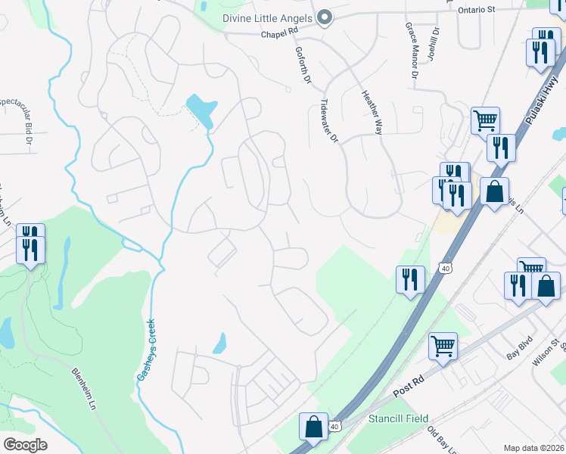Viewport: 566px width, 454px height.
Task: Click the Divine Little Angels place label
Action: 268,18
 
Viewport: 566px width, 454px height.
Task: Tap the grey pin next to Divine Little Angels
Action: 325,17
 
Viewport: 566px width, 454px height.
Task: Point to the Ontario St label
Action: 476,10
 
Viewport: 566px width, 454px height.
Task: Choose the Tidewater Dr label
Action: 331,120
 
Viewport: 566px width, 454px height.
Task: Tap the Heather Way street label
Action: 372,113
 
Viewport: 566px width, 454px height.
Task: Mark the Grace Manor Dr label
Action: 411,51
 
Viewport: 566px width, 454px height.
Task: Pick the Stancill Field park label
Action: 398,418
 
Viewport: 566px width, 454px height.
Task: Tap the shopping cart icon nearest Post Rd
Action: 443,347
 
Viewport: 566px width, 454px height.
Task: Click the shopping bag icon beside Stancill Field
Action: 313,427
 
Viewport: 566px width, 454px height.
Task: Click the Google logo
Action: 25,445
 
